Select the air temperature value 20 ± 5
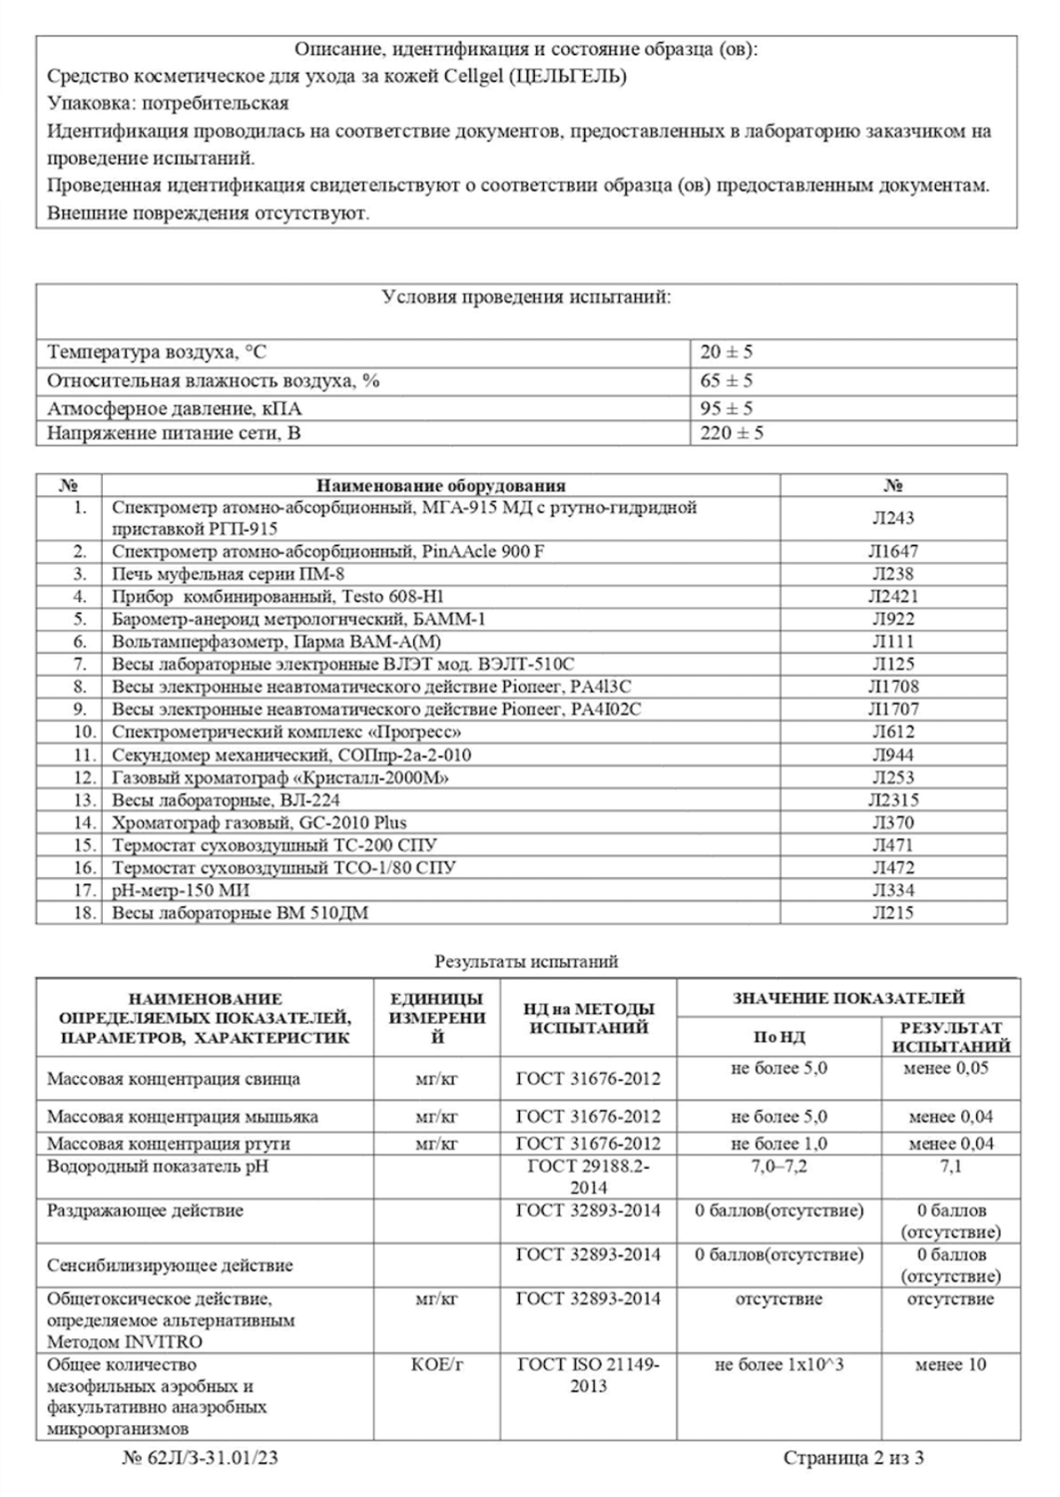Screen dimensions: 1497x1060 (x=727, y=352)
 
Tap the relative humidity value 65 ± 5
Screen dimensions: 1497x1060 (x=727, y=380)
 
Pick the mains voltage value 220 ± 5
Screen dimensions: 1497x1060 (x=732, y=433)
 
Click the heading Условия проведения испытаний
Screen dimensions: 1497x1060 (x=526, y=297)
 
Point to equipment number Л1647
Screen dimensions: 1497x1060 (x=893, y=551)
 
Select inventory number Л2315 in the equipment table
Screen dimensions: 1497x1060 (x=893, y=799)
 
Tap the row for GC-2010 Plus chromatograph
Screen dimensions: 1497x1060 (x=260, y=822)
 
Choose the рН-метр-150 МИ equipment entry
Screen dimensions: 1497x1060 (x=181, y=890)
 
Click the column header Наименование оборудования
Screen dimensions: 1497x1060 (x=440, y=486)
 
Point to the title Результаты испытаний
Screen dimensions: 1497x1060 (x=526, y=962)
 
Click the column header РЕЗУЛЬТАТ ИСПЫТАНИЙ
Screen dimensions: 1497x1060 (x=950, y=1037)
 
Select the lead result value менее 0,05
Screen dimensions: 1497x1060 (x=950, y=1068)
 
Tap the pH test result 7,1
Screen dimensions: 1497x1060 (x=950, y=1167)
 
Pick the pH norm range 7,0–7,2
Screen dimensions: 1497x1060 (x=779, y=1167)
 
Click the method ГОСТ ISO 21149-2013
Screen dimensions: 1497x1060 (x=588, y=1375)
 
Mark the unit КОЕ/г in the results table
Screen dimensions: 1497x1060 (x=436, y=1365)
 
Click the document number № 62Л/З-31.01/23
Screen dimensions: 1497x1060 (x=200, y=1458)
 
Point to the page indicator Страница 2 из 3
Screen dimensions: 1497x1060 (x=853, y=1458)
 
